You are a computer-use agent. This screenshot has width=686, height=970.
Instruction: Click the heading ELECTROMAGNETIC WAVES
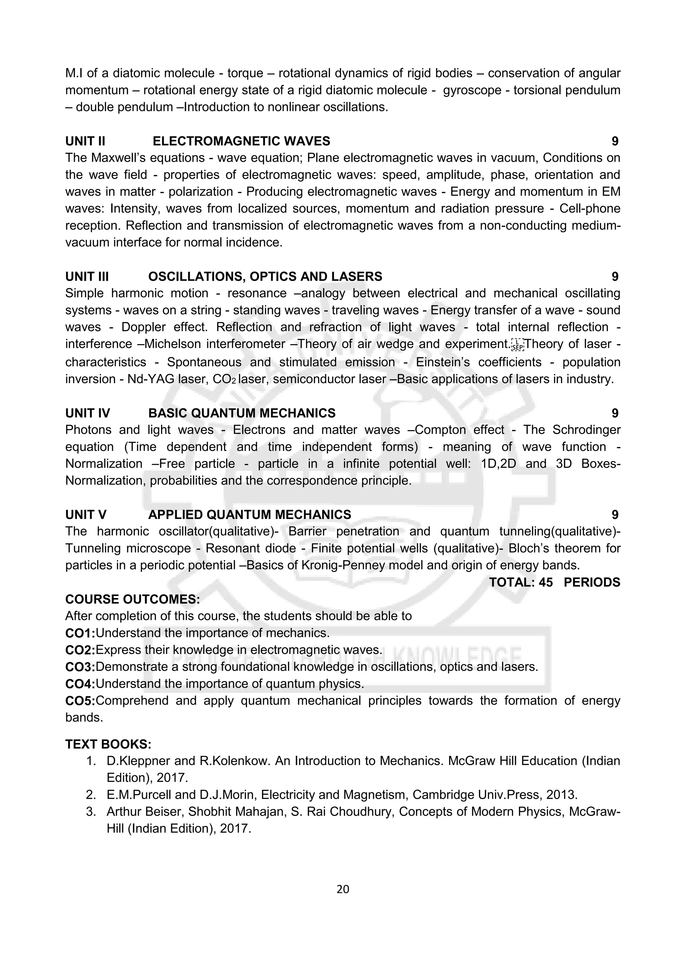(241, 141)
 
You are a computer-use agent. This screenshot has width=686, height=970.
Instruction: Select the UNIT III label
(87, 277)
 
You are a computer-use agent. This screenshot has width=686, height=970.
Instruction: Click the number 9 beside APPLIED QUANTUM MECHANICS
(615, 515)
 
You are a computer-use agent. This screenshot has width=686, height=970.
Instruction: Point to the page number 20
(343, 889)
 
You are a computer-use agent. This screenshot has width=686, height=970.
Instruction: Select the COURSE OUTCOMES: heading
(132, 599)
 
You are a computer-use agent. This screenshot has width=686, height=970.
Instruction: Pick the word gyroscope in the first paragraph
(472, 90)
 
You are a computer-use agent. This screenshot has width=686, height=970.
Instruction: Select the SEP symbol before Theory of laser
(518, 345)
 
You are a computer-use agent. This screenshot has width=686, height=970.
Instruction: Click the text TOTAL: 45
(521, 582)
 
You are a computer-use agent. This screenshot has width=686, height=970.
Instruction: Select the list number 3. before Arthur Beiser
(91, 812)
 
